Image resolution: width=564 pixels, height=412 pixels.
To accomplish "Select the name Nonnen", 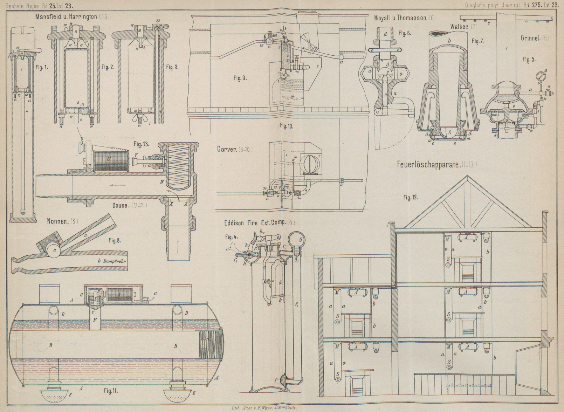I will coord(58,221).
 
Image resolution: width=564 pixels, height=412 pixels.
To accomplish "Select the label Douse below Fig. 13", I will coord(121,205).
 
